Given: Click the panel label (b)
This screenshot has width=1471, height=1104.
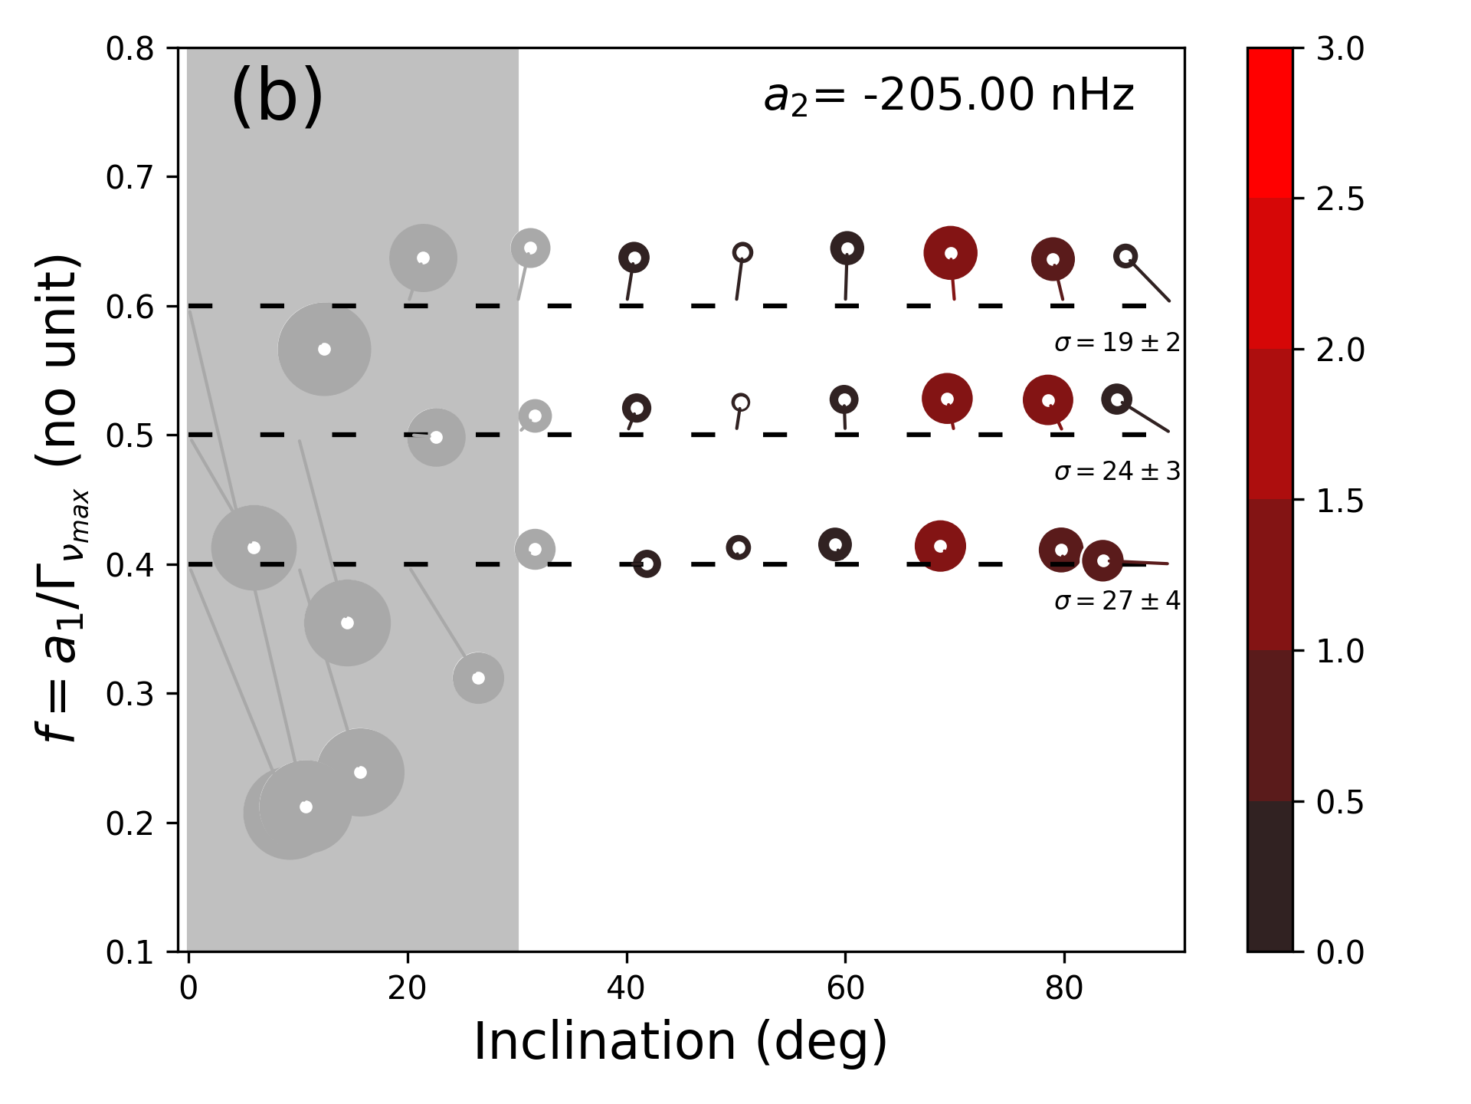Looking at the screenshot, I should (x=277, y=95).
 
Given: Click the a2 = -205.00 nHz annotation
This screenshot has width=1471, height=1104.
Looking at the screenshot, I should (x=948, y=97).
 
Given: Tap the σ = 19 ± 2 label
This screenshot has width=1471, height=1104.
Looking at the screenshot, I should (x=1117, y=343).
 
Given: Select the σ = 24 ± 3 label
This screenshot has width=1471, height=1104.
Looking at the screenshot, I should (x=1117, y=472).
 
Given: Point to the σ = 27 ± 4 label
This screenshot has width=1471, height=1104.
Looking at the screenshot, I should (x=1117, y=601).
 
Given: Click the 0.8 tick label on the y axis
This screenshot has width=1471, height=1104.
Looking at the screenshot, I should (x=130, y=49).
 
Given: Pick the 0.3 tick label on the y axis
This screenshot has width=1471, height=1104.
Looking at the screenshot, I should (x=130, y=695).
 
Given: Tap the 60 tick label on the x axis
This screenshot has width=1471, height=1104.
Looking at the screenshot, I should (x=845, y=989).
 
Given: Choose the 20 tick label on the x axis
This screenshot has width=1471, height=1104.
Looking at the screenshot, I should (x=407, y=989).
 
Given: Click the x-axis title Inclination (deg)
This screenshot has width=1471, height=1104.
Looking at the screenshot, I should (x=680, y=1042).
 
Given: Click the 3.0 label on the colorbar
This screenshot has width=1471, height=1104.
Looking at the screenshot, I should (x=1340, y=49).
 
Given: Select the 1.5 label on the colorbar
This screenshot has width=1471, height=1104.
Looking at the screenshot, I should (x=1340, y=501).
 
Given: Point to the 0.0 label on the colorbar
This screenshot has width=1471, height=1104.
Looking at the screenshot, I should (x=1340, y=953).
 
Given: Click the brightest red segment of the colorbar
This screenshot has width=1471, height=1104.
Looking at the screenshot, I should (x=1270, y=123).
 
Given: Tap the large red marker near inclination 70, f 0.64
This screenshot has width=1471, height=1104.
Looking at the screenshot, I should (x=950, y=253).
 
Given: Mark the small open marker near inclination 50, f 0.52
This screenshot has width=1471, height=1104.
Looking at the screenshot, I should (x=740, y=402).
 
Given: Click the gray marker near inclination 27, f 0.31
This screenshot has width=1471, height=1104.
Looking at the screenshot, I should (x=478, y=678).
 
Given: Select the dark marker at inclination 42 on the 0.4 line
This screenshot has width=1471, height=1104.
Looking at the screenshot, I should (x=647, y=564).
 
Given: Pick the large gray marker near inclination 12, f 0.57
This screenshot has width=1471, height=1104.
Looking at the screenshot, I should (x=324, y=350).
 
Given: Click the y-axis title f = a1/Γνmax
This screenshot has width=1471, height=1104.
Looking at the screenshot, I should (x=61, y=498).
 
